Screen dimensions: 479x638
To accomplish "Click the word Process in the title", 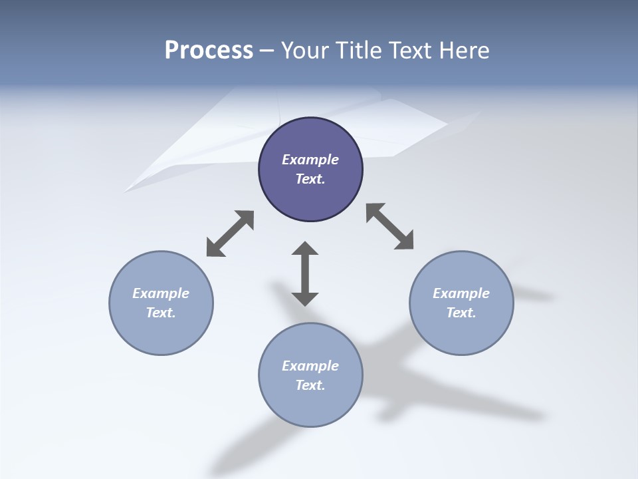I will click(x=209, y=51).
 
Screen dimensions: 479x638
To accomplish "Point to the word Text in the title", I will click(x=411, y=51).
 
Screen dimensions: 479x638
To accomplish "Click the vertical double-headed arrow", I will click(x=305, y=273).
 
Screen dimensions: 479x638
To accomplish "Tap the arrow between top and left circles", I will click(x=230, y=234).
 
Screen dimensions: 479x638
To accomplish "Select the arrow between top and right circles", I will click(x=389, y=226).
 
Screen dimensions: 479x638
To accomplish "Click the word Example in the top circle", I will click(x=310, y=160).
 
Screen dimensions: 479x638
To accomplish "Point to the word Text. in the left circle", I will click(x=161, y=313).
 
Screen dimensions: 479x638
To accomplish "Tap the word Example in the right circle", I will click(x=461, y=293).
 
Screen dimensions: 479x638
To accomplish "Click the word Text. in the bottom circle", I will click(x=310, y=385).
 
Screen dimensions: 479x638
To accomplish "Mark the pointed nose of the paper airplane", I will click(x=126, y=192).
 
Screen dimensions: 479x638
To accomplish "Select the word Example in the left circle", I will click(x=161, y=293).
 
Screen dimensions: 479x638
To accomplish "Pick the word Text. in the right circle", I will click(x=461, y=313).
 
